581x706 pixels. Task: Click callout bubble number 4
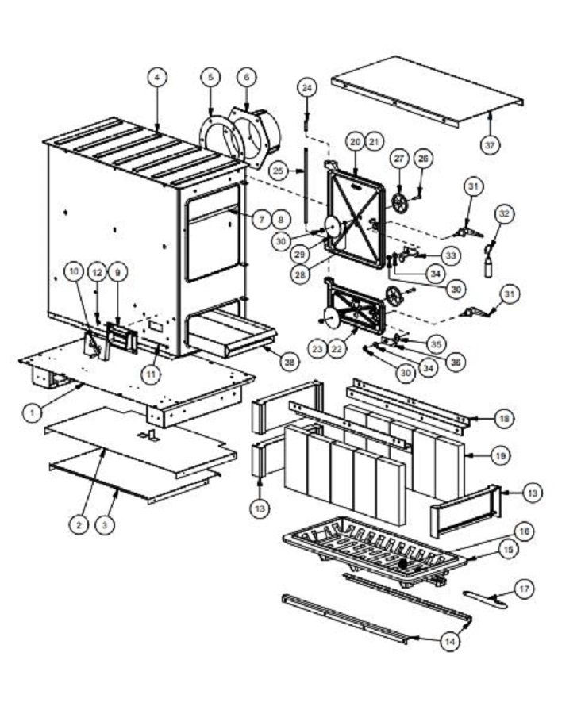pyautogui.click(x=156, y=78)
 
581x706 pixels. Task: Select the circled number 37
pyautogui.click(x=490, y=145)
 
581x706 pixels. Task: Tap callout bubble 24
pyautogui.click(x=306, y=87)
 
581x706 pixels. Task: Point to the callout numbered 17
pyautogui.click(x=524, y=589)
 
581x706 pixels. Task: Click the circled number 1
pyautogui.click(x=32, y=412)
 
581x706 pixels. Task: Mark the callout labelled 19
pyautogui.click(x=500, y=455)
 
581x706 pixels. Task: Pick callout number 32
pyautogui.click(x=504, y=213)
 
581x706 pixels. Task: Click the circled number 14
pyautogui.click(x=450, y=641)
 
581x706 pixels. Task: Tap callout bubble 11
pyautogui.click(x=151, y=374)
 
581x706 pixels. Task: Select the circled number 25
pyautogui.click(x=279, y=171)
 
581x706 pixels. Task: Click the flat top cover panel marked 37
pyautogui.click(x=428, y=91)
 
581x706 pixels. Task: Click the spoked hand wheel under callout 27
pyautogui.click(x=399, y=204)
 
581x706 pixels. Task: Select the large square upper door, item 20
pyautogui.click(x=356, y=217)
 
